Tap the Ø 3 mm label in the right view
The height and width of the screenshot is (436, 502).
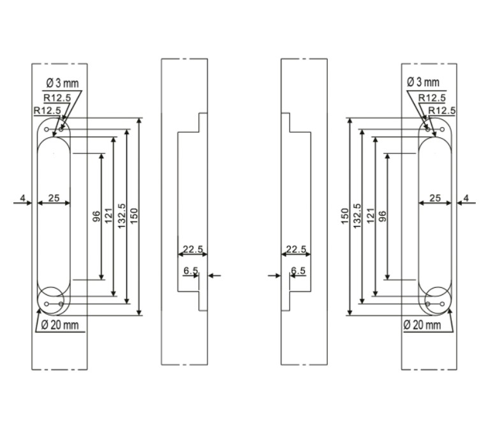(423, 82)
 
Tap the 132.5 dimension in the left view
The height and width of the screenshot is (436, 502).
(121, 217)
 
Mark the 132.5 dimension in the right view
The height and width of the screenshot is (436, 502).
(357, 217)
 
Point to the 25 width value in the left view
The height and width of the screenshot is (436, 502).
(54, 199)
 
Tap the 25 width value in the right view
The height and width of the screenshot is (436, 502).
(435, 199)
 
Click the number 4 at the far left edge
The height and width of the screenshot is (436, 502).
(22, 199)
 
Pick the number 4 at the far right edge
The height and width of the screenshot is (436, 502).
(466, 199)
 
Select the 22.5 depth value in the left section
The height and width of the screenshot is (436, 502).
(189, 249)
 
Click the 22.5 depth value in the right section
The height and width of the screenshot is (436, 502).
(296, 249)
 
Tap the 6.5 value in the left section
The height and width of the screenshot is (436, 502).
(190, 271)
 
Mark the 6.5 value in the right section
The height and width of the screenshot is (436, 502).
(298, 271)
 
